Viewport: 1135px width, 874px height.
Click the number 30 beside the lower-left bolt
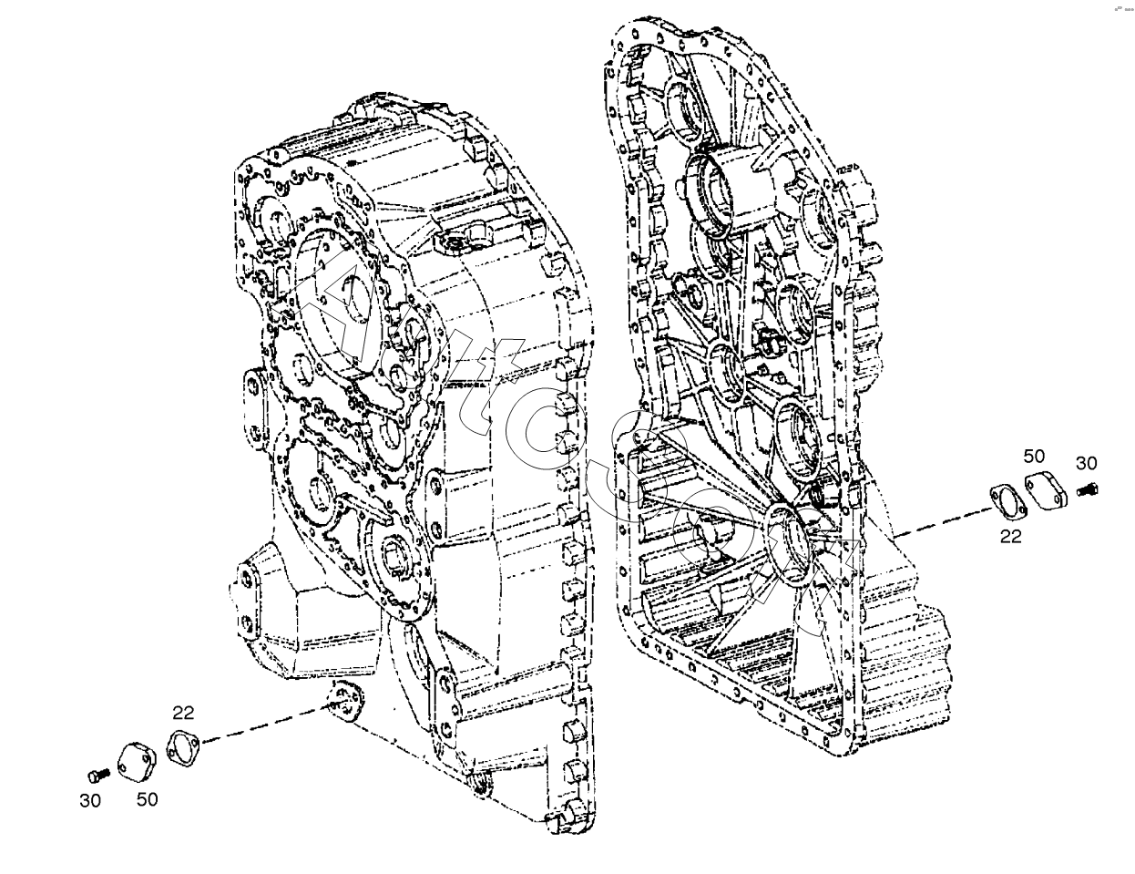(90, 801)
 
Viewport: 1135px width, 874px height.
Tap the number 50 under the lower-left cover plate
(147, 799)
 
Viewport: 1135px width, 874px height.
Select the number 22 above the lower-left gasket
(183, 713)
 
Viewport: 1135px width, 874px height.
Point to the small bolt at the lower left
(95, 775)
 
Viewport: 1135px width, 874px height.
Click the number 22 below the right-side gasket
(1011, 537)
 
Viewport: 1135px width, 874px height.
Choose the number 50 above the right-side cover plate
(1033, 456)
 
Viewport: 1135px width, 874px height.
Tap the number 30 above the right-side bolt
(1086, 463)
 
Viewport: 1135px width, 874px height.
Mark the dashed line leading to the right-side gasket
(938, 524)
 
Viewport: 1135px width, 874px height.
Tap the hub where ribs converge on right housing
(787, 538)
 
